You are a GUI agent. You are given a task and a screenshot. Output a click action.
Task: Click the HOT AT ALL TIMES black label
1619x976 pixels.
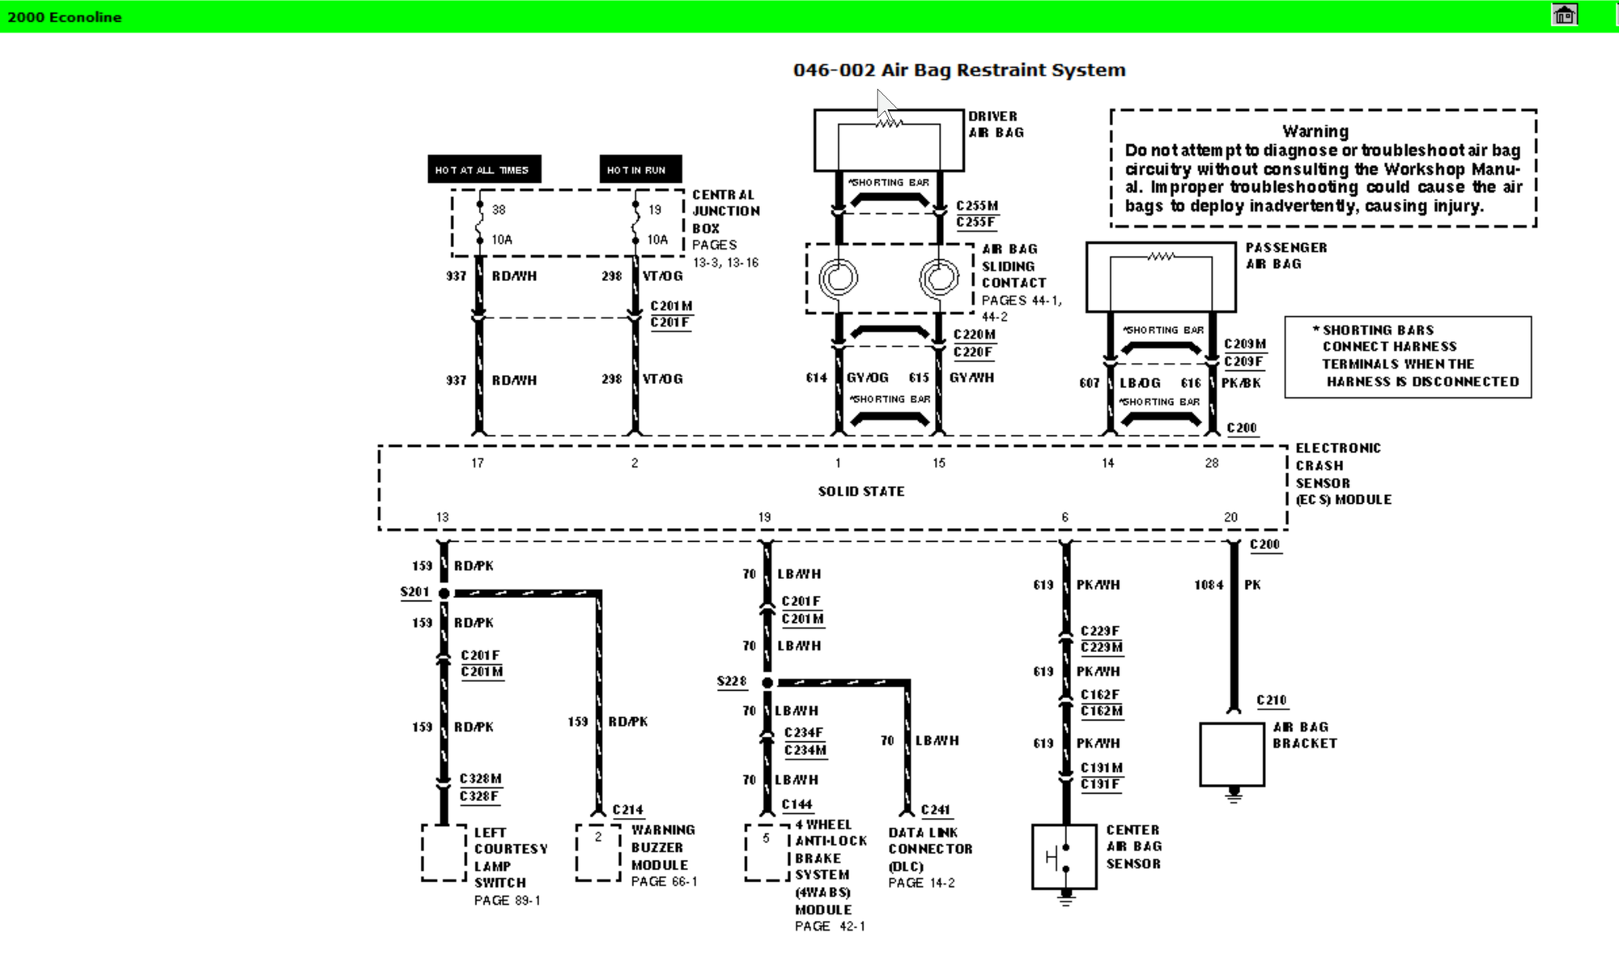(483, 170)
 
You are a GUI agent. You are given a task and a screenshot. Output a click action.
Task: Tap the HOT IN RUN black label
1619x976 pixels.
(640, 170)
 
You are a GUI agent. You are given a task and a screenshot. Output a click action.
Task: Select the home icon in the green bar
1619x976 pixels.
(1564, 15)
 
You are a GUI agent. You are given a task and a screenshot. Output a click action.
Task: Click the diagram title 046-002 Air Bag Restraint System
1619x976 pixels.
(959, 70)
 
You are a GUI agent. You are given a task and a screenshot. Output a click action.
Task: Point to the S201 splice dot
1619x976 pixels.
(444, 594)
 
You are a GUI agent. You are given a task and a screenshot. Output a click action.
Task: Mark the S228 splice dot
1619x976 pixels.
(767, 683)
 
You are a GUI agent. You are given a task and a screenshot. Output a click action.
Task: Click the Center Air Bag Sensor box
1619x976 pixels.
(1064, 857)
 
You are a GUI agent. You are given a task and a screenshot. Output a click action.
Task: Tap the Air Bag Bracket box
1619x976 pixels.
(1231, 754)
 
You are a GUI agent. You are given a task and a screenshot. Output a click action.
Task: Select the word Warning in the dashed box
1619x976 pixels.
(1315, 131)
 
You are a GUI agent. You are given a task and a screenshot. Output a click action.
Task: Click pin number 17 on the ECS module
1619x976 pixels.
(478, 463)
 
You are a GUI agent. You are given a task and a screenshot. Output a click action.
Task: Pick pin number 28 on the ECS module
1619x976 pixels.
(1211, 463)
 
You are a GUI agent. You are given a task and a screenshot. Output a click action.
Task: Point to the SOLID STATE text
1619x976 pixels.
(860, 492)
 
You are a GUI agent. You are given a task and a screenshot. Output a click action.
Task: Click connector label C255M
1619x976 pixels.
(977, 206)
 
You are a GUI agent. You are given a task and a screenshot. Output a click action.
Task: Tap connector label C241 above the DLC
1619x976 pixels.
(936, 810)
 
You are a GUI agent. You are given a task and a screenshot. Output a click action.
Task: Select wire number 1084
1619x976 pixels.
(1209, 585)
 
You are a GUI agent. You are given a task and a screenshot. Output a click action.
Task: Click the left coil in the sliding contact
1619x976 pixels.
(838, 279)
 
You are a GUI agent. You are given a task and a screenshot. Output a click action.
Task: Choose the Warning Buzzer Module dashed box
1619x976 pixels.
(597, 852)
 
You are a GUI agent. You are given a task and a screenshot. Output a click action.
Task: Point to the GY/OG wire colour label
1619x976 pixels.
(867, 378)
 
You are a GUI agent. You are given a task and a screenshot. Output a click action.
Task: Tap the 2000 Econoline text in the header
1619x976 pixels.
(65, 17)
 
